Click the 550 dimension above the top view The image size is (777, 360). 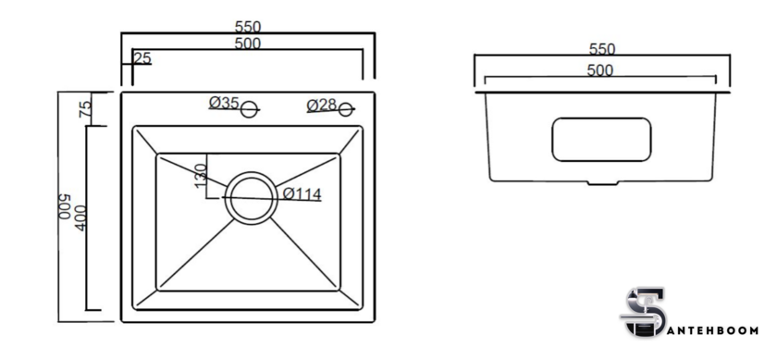pyautogui.click(x=248, y=26)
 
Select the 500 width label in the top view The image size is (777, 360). pyautogui.click(x=248, y=43)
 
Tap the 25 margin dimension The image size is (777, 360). pyautogui.click(x=142, y=58)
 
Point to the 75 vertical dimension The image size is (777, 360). pyautogui.click(x=86, y=109)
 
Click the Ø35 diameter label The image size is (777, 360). pyautogui.click(x=224, y=103)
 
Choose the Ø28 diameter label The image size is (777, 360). pyautogui.click(x=322, y=106)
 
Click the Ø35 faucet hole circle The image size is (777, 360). pyautogui.click(x=249, y=109)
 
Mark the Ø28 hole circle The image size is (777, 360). pyautogui.click(x=346, y=109)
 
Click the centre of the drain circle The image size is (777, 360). pyautogui.click(x=252, y=198)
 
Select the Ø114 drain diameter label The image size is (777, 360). pyautogui.click(x=302, y=194)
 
